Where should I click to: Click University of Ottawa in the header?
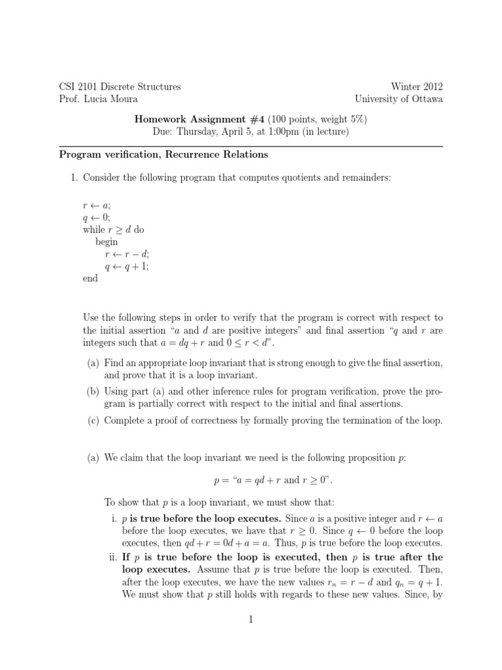click(x=398, y=99)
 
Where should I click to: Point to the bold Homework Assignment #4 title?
click(x=192, y=119)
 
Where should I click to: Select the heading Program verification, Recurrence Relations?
click(x=164, y=155)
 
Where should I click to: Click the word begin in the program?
click(x=107, y=241)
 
